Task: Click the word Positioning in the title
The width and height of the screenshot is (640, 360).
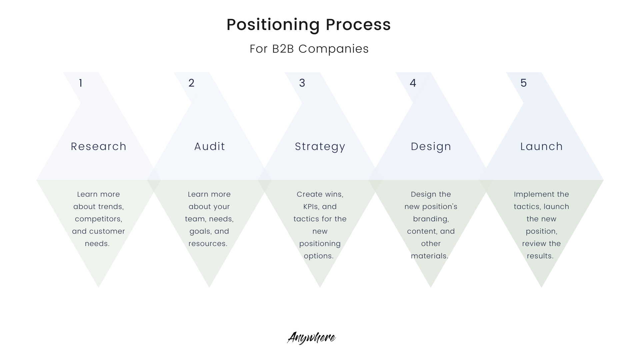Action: pos(273,25)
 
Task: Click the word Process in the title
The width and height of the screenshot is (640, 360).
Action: pos(358,25)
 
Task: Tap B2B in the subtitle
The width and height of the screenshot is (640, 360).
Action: pos(283,49)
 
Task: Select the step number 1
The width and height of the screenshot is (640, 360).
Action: pos(81,83)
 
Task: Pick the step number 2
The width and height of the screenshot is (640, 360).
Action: pos(191,83)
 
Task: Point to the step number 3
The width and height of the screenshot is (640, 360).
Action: pos(302,83)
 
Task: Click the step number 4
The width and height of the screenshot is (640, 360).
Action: pos(413,83)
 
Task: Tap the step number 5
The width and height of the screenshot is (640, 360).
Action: pos(524,83)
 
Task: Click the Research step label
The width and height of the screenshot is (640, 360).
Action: pos(99,146)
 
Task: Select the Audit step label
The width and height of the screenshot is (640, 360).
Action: pos(210,146)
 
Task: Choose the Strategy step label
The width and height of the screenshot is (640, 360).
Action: pos(320,147)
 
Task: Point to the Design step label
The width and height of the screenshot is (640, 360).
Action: pos(431,146)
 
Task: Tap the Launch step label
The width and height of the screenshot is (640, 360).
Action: pos(542,146)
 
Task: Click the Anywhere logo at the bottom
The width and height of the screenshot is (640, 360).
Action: pos(311,338)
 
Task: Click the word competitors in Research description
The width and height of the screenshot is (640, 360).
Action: pos(99,219)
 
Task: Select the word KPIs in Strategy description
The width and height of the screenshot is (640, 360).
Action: pos(310,207)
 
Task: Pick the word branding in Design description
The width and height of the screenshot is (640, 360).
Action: pos(431,219)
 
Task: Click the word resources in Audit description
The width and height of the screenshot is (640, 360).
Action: pos(208,244)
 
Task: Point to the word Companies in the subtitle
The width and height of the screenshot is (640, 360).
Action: pos(334,49)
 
